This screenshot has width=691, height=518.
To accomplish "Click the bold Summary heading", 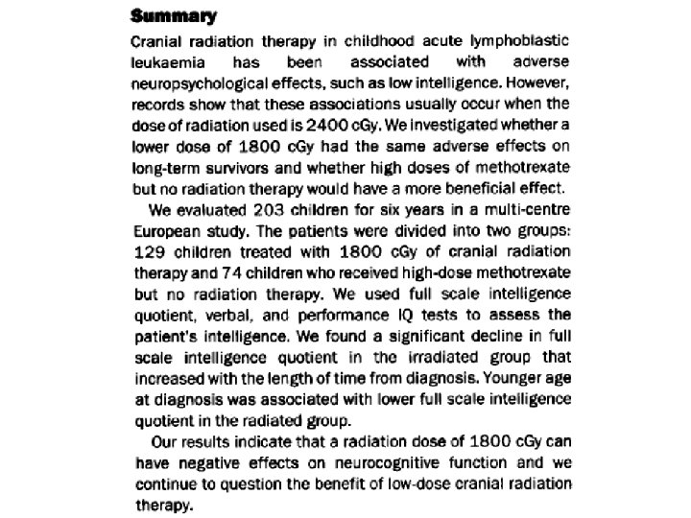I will pyautogui.click(x=173, y=16).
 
